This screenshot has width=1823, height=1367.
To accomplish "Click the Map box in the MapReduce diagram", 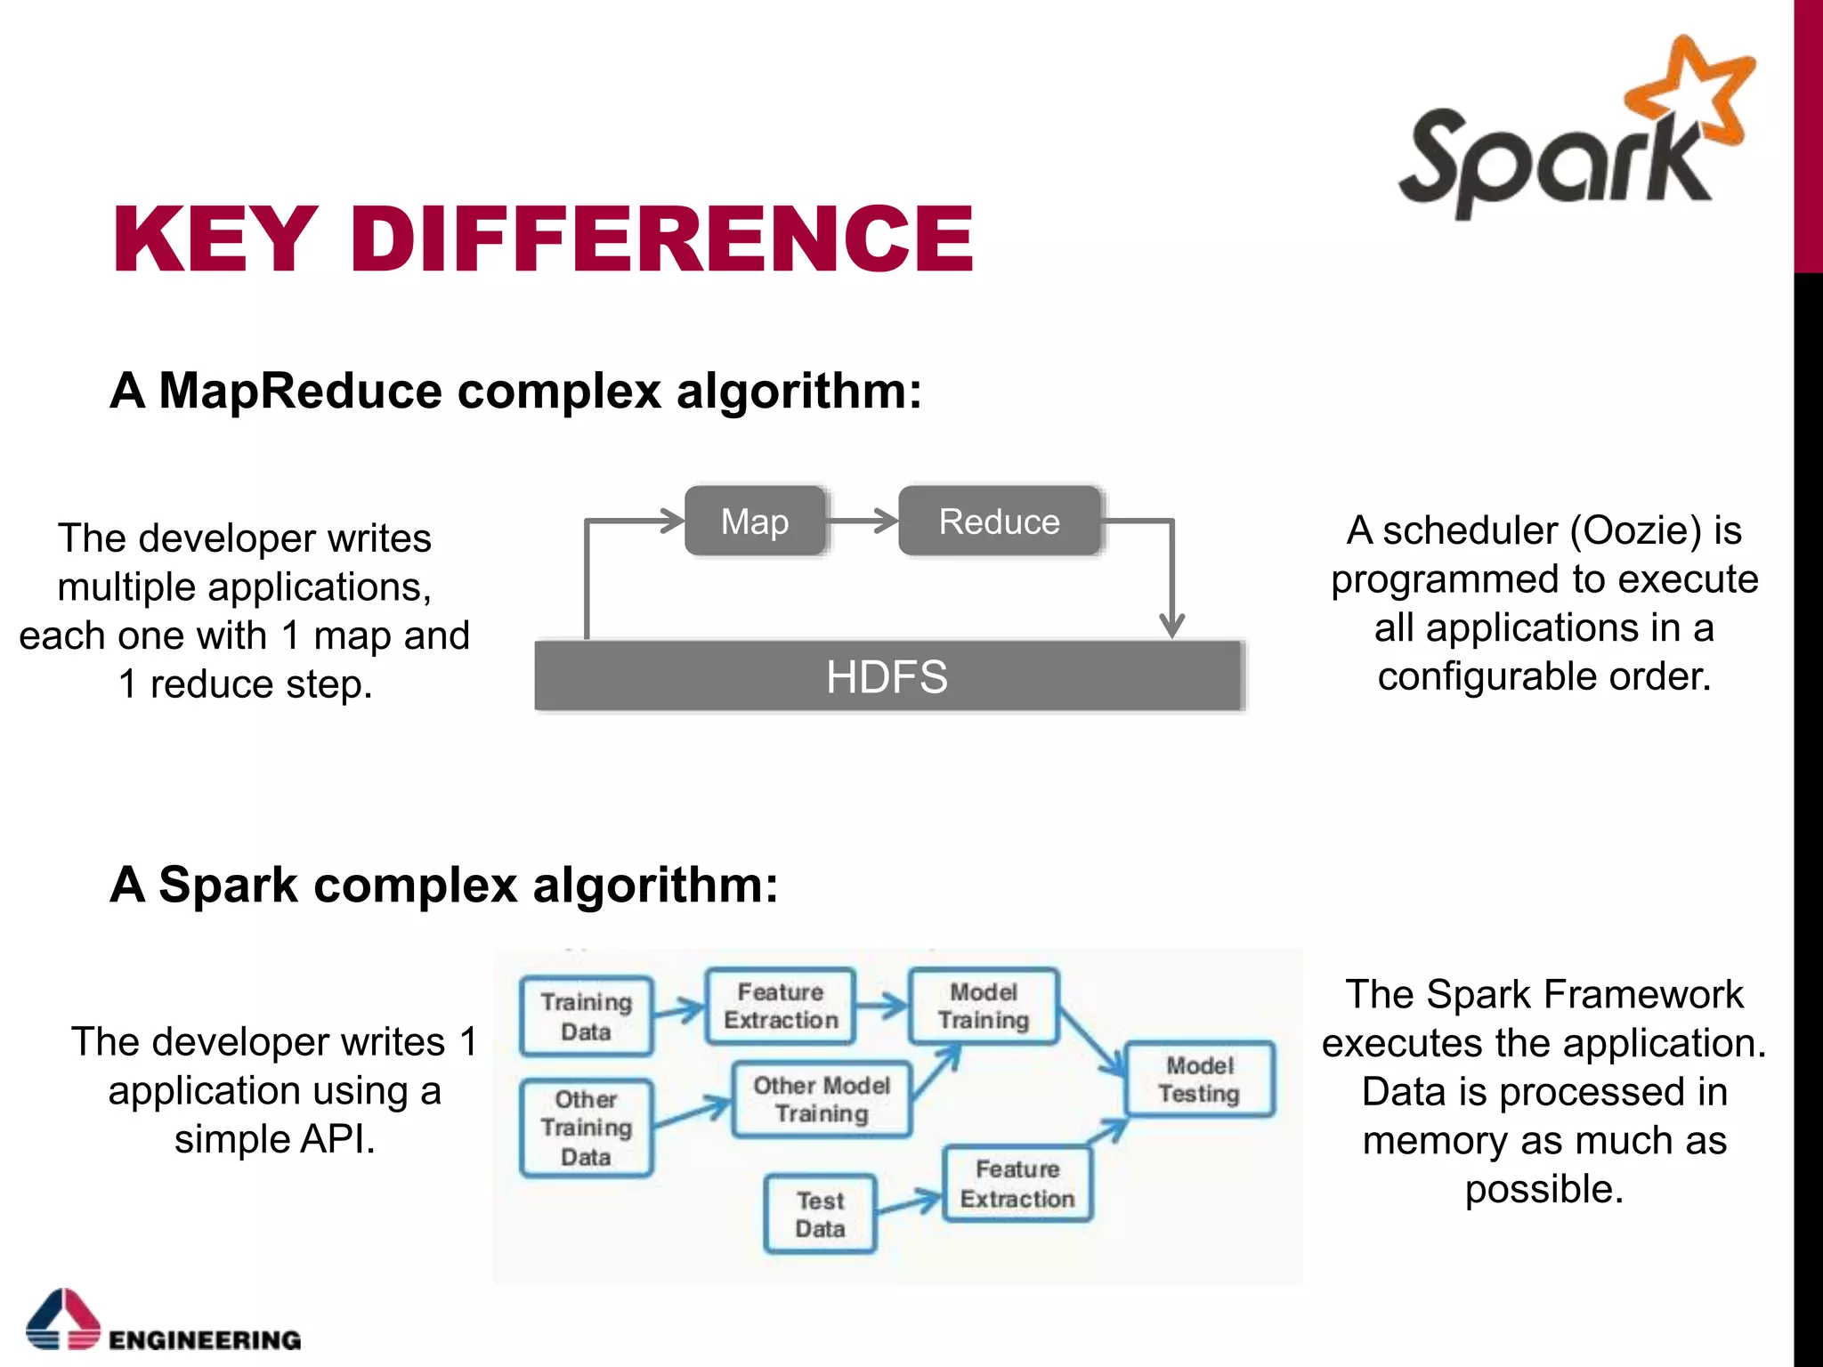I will pyautogui.click(x=755, y=522).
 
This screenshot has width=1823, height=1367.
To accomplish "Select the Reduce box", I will pyautogui.click(x=999, y=522).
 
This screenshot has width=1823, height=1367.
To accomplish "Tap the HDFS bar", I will pyautogui.click(x=887, y=676).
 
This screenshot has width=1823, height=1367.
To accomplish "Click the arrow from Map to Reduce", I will pyautogui.click(x=863, y=521).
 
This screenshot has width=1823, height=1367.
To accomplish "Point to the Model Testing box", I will pyautogui.click(x=1199, y=1079).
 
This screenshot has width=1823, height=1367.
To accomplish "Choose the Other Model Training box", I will pyautogui.click(x=821, y=1099).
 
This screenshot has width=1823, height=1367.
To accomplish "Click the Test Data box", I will pyautogui.click(x=820, y=1214).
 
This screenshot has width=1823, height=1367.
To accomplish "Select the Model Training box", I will pyautogui.click(x=983, y=1006).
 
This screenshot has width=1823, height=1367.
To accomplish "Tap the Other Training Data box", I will pyautogui.click(x=586, y=1128).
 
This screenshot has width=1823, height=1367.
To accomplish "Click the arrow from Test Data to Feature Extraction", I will pyautogui.click(x=909, y=1203).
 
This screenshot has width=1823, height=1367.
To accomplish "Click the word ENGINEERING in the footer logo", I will pyautogui.click(x=205, y=1339).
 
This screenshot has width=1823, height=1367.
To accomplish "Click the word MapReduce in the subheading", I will pyautogui.click(x=300, y=391).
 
